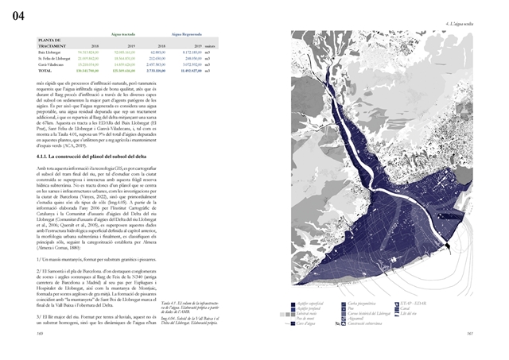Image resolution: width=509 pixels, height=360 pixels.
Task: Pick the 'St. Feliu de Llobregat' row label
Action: point(56,58)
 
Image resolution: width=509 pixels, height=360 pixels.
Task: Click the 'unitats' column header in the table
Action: point(210,46)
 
